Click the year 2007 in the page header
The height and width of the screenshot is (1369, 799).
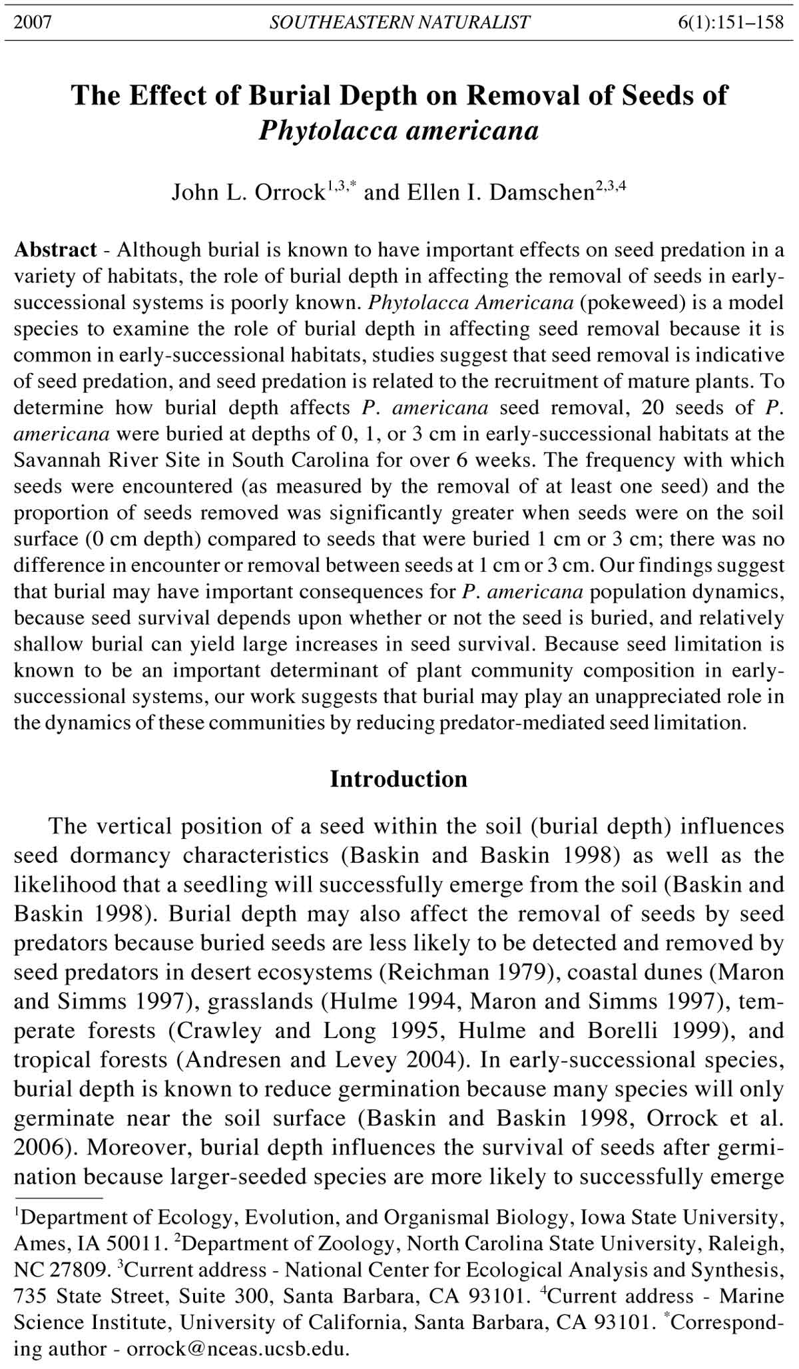(x=33, y=23)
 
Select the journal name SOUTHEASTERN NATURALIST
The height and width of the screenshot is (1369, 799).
(x=400, y=23)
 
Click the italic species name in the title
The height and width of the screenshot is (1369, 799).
(x=399, y=131)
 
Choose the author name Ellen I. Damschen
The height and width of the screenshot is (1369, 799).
(x=500, y=192)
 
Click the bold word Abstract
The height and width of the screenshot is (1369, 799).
(x=56, y=250)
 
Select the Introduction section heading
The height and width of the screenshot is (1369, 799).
(x=399, y=779)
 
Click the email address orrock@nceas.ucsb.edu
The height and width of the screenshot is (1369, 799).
(x=237, y=1350)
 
